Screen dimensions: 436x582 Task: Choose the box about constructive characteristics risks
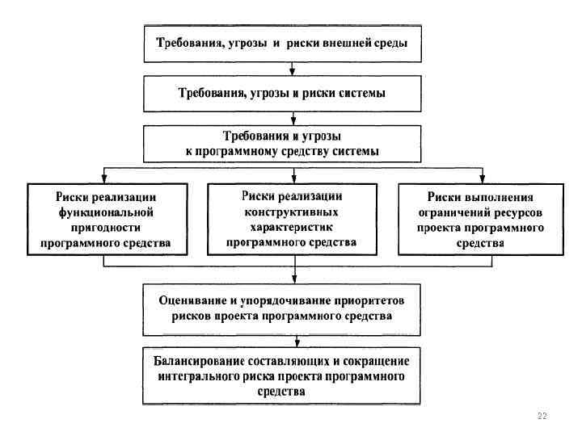point(292,218)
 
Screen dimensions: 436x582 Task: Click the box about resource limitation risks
point(479,219)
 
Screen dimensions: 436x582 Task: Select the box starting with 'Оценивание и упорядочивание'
point(282,308)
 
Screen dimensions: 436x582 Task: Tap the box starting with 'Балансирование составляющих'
point(282,375)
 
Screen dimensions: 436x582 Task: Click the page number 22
point(542,415)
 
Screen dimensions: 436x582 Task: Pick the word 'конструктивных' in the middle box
point(292,211)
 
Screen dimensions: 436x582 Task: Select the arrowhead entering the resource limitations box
point(483,179)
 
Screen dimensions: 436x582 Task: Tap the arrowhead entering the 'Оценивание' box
point(293,279)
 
